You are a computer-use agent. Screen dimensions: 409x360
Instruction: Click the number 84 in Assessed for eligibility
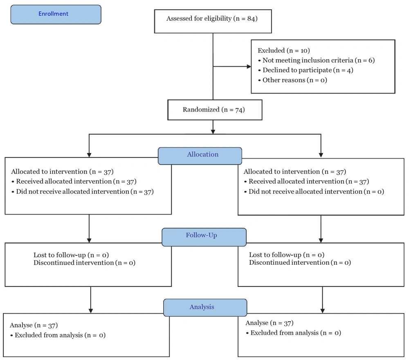[251, 18]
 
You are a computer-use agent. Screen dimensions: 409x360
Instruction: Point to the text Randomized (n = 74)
[213, 110]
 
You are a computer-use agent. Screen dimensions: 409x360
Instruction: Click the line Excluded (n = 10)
[284, 50]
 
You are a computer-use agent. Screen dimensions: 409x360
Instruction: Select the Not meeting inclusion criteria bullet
[317, 60]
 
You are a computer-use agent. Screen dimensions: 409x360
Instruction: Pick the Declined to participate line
[306, 70]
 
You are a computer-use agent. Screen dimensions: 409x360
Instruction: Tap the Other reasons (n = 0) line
[293, 80]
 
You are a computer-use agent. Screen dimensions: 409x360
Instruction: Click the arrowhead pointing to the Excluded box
[249, 67]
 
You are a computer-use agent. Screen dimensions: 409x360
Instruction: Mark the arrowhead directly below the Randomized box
[213, 132]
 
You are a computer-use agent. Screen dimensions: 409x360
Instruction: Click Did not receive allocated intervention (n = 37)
[83, 192]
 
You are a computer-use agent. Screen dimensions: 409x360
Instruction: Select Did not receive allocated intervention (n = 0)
[314, 192]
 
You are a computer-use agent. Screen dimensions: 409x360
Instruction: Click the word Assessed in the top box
[178, 18]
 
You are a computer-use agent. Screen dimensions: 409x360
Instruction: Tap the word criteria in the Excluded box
[341, 60]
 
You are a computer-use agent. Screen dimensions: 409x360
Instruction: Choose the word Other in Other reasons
[270, 80]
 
